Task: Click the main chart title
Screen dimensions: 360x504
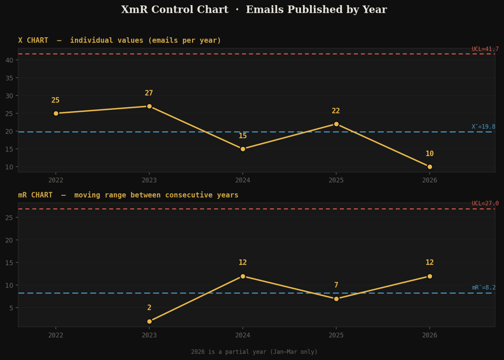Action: tap(254, 10)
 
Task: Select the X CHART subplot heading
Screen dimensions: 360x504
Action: tap(119, 40)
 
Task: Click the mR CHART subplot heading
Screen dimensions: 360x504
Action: tap(128, 195)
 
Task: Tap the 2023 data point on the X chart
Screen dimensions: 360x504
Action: tap(149, 106)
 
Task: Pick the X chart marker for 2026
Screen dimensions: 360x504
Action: tap(429, 167)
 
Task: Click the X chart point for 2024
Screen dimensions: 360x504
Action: tap(243, 149)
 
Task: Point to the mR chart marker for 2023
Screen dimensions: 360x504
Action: tap(149, 321)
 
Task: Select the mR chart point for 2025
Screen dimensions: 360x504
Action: tap(336, 299)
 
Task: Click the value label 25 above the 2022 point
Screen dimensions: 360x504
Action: tap(56, 100)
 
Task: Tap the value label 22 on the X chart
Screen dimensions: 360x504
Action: tap(336, 111)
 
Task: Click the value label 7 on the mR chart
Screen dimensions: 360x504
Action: tap(336, 285)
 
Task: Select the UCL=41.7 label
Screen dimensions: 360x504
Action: tap(485, 49)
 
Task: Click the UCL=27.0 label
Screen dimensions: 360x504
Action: tap(485, 204)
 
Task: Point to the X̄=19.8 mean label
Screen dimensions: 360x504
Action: tap(483, 126)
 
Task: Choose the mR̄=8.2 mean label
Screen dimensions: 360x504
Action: tap(484, 288)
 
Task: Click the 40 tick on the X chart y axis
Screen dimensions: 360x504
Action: tap(9, 60)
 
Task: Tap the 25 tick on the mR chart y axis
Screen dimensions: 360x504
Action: tap(9, 218)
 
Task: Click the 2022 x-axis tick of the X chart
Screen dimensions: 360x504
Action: tap(56, 180)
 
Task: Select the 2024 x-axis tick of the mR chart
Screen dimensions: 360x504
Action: tap(243, 335)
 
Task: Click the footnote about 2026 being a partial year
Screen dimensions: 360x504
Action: tap(254, 352)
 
